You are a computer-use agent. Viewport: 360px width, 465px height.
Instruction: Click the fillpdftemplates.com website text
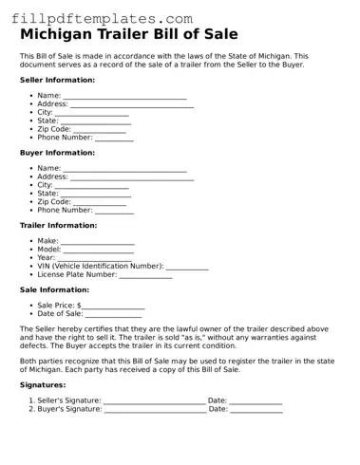[97, 18]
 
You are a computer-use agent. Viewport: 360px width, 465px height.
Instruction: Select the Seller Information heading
[57, 81]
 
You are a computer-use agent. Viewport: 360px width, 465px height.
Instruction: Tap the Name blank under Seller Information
[124, 97]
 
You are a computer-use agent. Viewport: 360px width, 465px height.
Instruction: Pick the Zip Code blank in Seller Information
[100, 130]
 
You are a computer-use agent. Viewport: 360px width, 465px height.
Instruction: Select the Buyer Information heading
[57, 153]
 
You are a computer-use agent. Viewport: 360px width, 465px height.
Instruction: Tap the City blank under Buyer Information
[92, 186]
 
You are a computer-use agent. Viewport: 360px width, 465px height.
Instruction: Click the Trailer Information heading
[58, 226]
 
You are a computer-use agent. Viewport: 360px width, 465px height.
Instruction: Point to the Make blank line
[98, 242]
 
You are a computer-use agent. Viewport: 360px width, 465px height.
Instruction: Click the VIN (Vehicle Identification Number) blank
[187, 268]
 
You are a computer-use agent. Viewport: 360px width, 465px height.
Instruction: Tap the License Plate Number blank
[145, 276]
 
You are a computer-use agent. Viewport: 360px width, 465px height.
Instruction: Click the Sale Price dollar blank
[113, 307]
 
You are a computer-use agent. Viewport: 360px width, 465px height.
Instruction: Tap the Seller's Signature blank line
[154, 402]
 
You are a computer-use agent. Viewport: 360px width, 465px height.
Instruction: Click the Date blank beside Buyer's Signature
[256, 410]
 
